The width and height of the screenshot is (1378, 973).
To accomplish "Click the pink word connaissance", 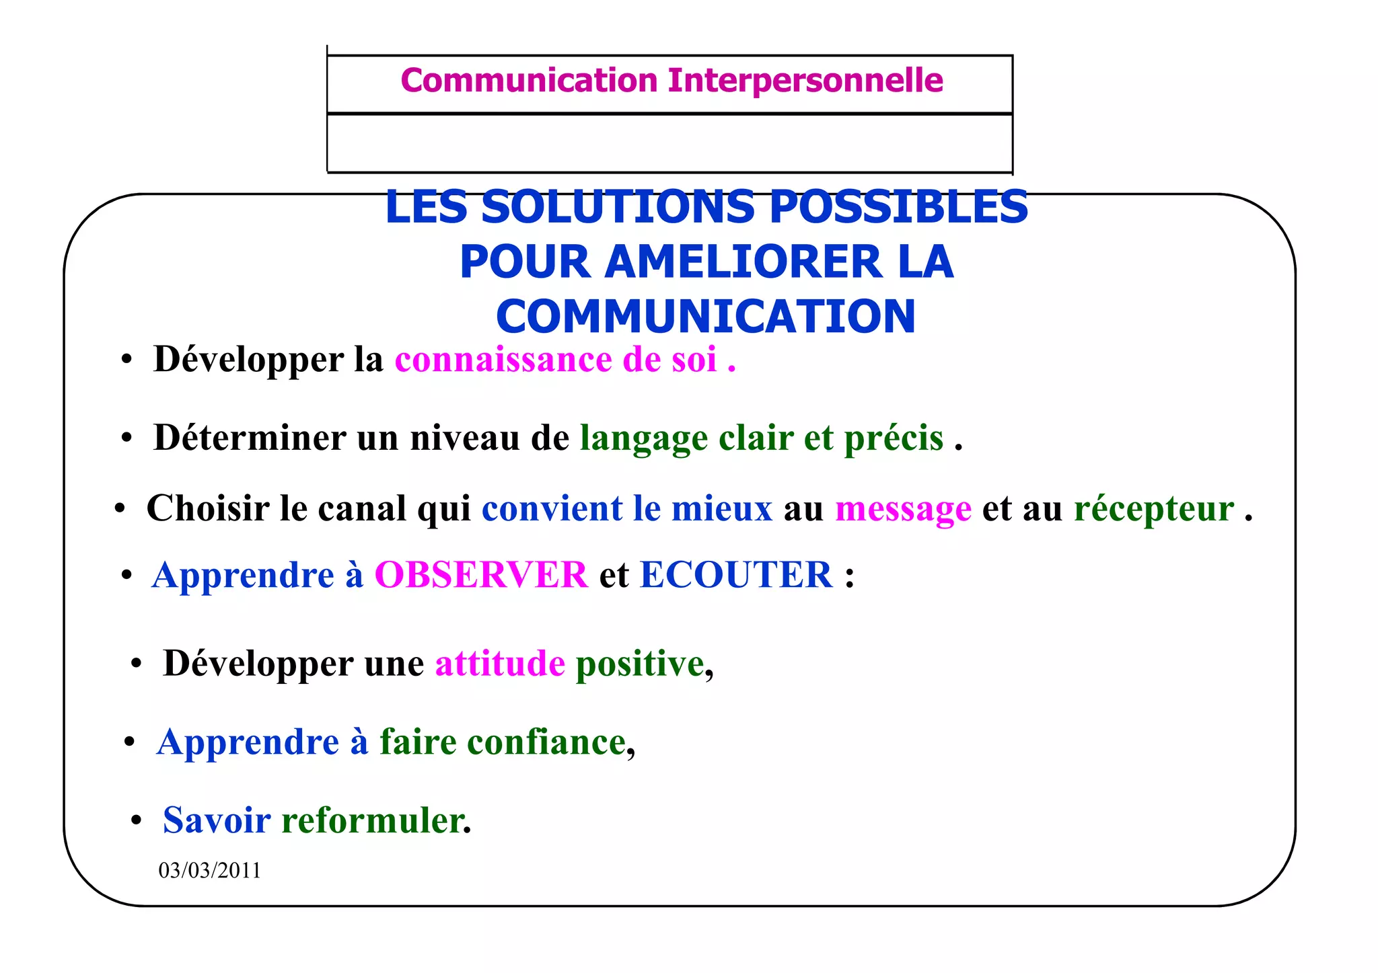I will click(x=503, y=360).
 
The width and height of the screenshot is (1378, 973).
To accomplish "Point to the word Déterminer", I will click(x=249, y=438).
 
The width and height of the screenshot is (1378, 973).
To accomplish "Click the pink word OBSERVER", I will click(x=481, y=576).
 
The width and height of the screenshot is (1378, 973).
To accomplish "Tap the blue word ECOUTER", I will click(x=736, y=576).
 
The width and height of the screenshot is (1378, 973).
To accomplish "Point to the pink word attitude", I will click(x=500, y=664).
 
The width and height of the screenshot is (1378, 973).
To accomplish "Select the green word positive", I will click(x=640, y=664).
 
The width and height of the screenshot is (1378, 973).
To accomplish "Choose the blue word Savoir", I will click(x=217, y=821).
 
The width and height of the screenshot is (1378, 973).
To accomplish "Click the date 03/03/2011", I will click(x=209, y=871).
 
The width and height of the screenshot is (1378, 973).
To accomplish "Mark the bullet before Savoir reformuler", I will click(x=137, y=821).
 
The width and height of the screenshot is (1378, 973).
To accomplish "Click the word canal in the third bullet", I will click(x=362, y=508).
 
